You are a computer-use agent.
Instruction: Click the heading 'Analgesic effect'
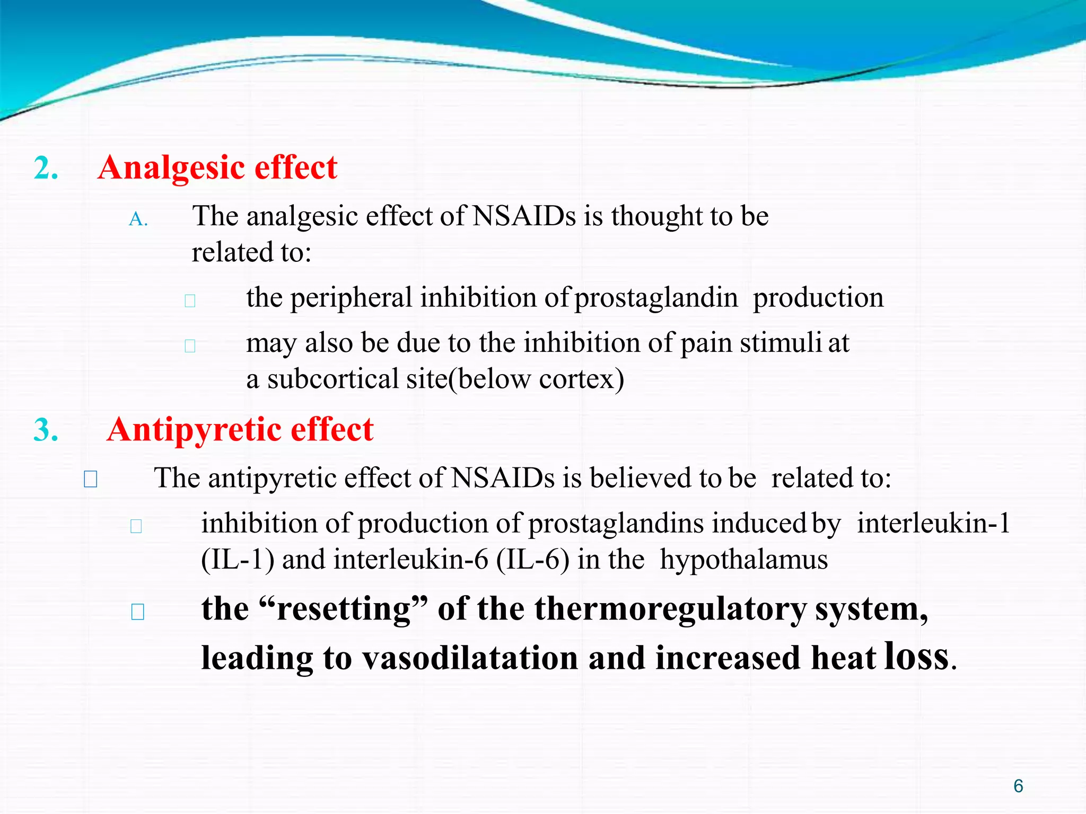pos(217,168)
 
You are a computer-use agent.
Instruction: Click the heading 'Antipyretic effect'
pos(240,429)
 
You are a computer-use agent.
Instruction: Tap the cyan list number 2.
pos(46,169)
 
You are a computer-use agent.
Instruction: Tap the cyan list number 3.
pos(46,430)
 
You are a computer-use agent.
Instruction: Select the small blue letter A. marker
pos(138,219)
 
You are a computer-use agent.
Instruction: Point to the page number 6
pos(1018,786)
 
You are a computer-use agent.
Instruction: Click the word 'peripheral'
pos(351,297)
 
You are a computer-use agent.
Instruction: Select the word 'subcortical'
pos(333,379)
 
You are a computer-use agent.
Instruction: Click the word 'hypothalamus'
pos(743,560)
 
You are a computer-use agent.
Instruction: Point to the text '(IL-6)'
pos(533,560)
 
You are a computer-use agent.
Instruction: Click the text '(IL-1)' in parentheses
pos(238,560)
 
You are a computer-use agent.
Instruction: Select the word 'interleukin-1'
pos(934,524)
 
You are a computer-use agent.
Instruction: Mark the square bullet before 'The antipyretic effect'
pos(91,480)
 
